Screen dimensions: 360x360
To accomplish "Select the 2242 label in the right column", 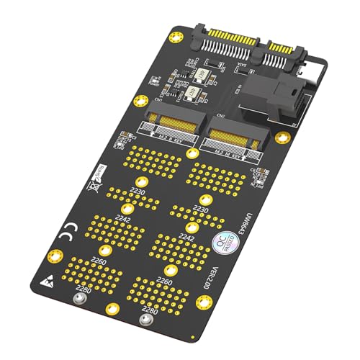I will click(x=186, y=237).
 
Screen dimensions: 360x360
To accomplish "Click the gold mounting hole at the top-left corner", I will click(x=176, y=36).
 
